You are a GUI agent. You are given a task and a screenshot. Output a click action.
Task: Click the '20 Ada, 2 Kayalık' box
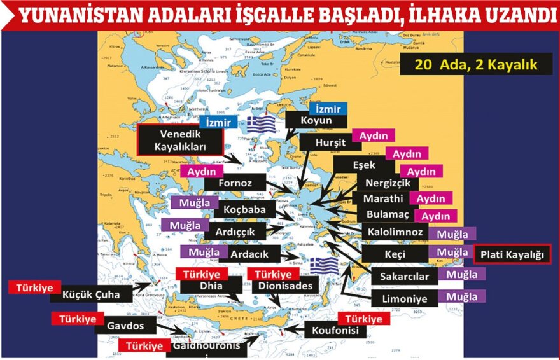coord(476,65)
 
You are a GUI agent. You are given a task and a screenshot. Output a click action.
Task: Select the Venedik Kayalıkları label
coord(180,139)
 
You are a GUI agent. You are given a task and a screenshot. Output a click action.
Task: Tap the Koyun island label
coord(316,120)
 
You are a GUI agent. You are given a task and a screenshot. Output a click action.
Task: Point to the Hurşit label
coord(330,142)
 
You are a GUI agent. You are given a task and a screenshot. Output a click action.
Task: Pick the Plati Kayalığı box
coord(512,254)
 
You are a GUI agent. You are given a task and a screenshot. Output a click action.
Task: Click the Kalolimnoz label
coord(395,232)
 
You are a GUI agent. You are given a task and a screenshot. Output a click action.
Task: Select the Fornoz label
coord(235,183)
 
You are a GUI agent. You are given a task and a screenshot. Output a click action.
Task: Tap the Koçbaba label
coord(239,208)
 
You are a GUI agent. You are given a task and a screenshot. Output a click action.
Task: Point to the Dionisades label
coord(285,286)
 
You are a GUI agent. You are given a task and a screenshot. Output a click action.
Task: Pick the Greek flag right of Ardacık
coord(323,263)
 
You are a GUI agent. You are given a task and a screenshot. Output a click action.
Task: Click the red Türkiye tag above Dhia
coord(201,275)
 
